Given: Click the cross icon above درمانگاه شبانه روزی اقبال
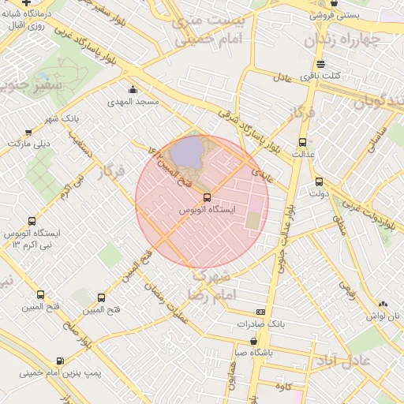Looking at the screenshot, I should click(x=28, y=2).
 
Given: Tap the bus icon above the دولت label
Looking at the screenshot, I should click(x=319, y=181).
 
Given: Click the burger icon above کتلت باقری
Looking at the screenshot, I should click(x=320, y=64).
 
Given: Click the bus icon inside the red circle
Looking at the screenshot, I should click(x=207, y=197).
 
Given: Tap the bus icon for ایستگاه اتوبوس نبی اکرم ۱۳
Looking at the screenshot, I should click(x=32, y=222).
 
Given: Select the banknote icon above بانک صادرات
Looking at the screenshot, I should click(x=261, y=312).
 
